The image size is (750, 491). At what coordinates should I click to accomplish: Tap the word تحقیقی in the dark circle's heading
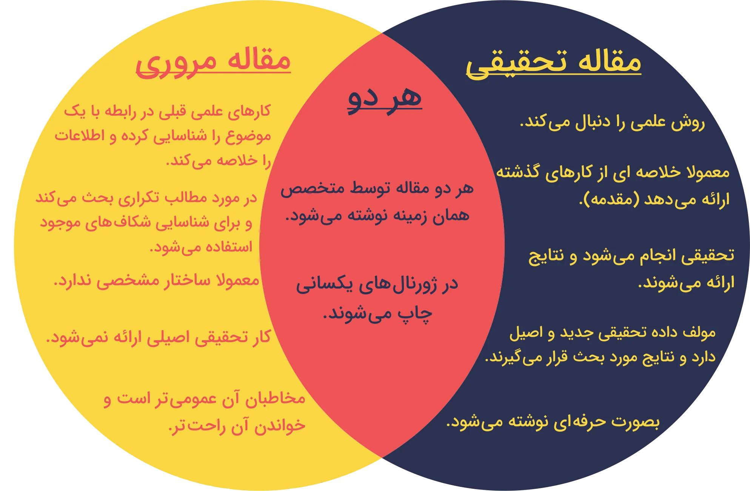tap(517, 63)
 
